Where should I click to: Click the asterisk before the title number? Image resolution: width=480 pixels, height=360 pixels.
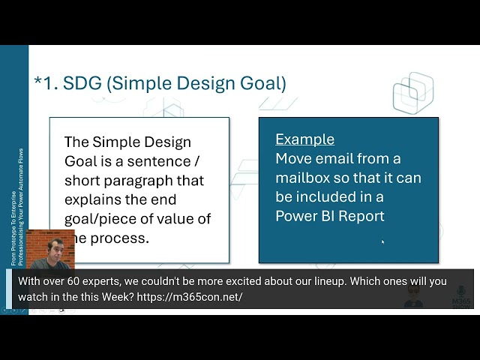37,80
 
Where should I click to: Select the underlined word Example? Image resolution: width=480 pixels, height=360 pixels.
304,139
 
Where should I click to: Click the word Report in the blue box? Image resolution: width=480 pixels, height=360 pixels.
360,216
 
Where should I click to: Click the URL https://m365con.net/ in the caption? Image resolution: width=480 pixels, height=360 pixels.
190,297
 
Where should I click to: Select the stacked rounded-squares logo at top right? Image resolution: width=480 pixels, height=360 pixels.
412,94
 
